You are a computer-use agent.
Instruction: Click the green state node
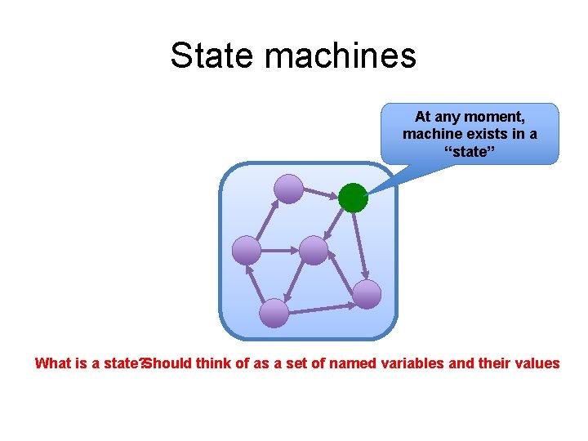[353, 198]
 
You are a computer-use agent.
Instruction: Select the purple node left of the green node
[288, 189]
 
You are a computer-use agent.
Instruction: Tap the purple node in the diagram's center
[314, 251]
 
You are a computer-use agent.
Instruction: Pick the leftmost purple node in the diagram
[247, 250]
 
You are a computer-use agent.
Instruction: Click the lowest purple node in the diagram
[274, 313]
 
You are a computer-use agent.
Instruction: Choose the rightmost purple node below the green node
[367, 294]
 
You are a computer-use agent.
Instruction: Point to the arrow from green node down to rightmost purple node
[360, 246]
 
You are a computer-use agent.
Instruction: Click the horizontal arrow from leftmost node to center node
[280, 250]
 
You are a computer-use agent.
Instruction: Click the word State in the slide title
[214, 56]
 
